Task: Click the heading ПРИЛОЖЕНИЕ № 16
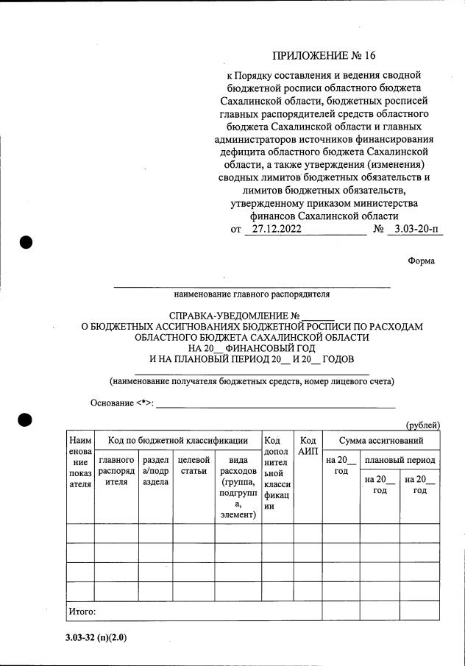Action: pos(324,55)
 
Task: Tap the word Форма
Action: pos(421,261)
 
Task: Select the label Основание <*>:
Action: pos(121,403)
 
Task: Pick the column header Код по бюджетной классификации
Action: pos(178,440)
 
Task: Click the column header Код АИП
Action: pos(308,444)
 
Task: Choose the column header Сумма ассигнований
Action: pos(380,440)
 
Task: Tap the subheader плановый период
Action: pos(400,460)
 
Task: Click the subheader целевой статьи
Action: pos(194,465)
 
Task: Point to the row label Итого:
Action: pos(82,611)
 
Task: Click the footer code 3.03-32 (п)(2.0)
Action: pos(96,637)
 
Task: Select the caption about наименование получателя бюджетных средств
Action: pos(252,380)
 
